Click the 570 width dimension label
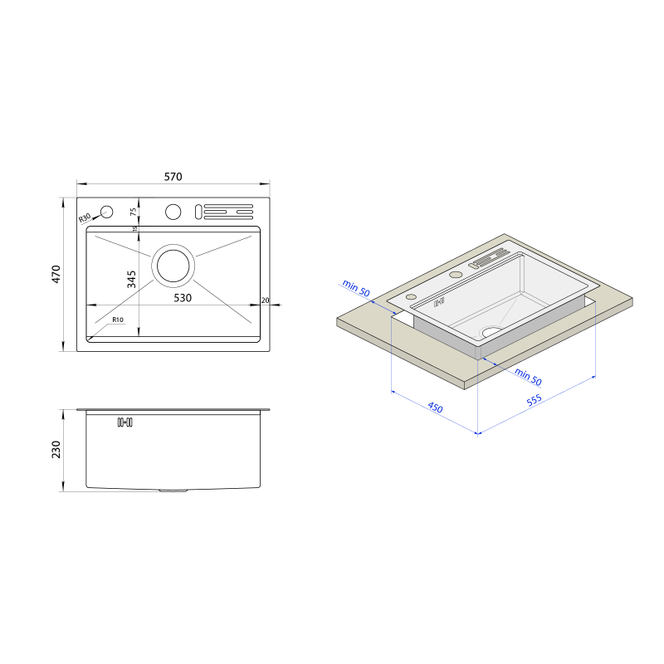173,177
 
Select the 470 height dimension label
56,274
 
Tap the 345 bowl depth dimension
131,279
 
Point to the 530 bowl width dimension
183,298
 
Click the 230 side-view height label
56,449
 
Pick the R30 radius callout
85,218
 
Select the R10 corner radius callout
118,320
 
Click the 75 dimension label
134,212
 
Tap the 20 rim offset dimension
265,300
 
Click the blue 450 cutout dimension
435,408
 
